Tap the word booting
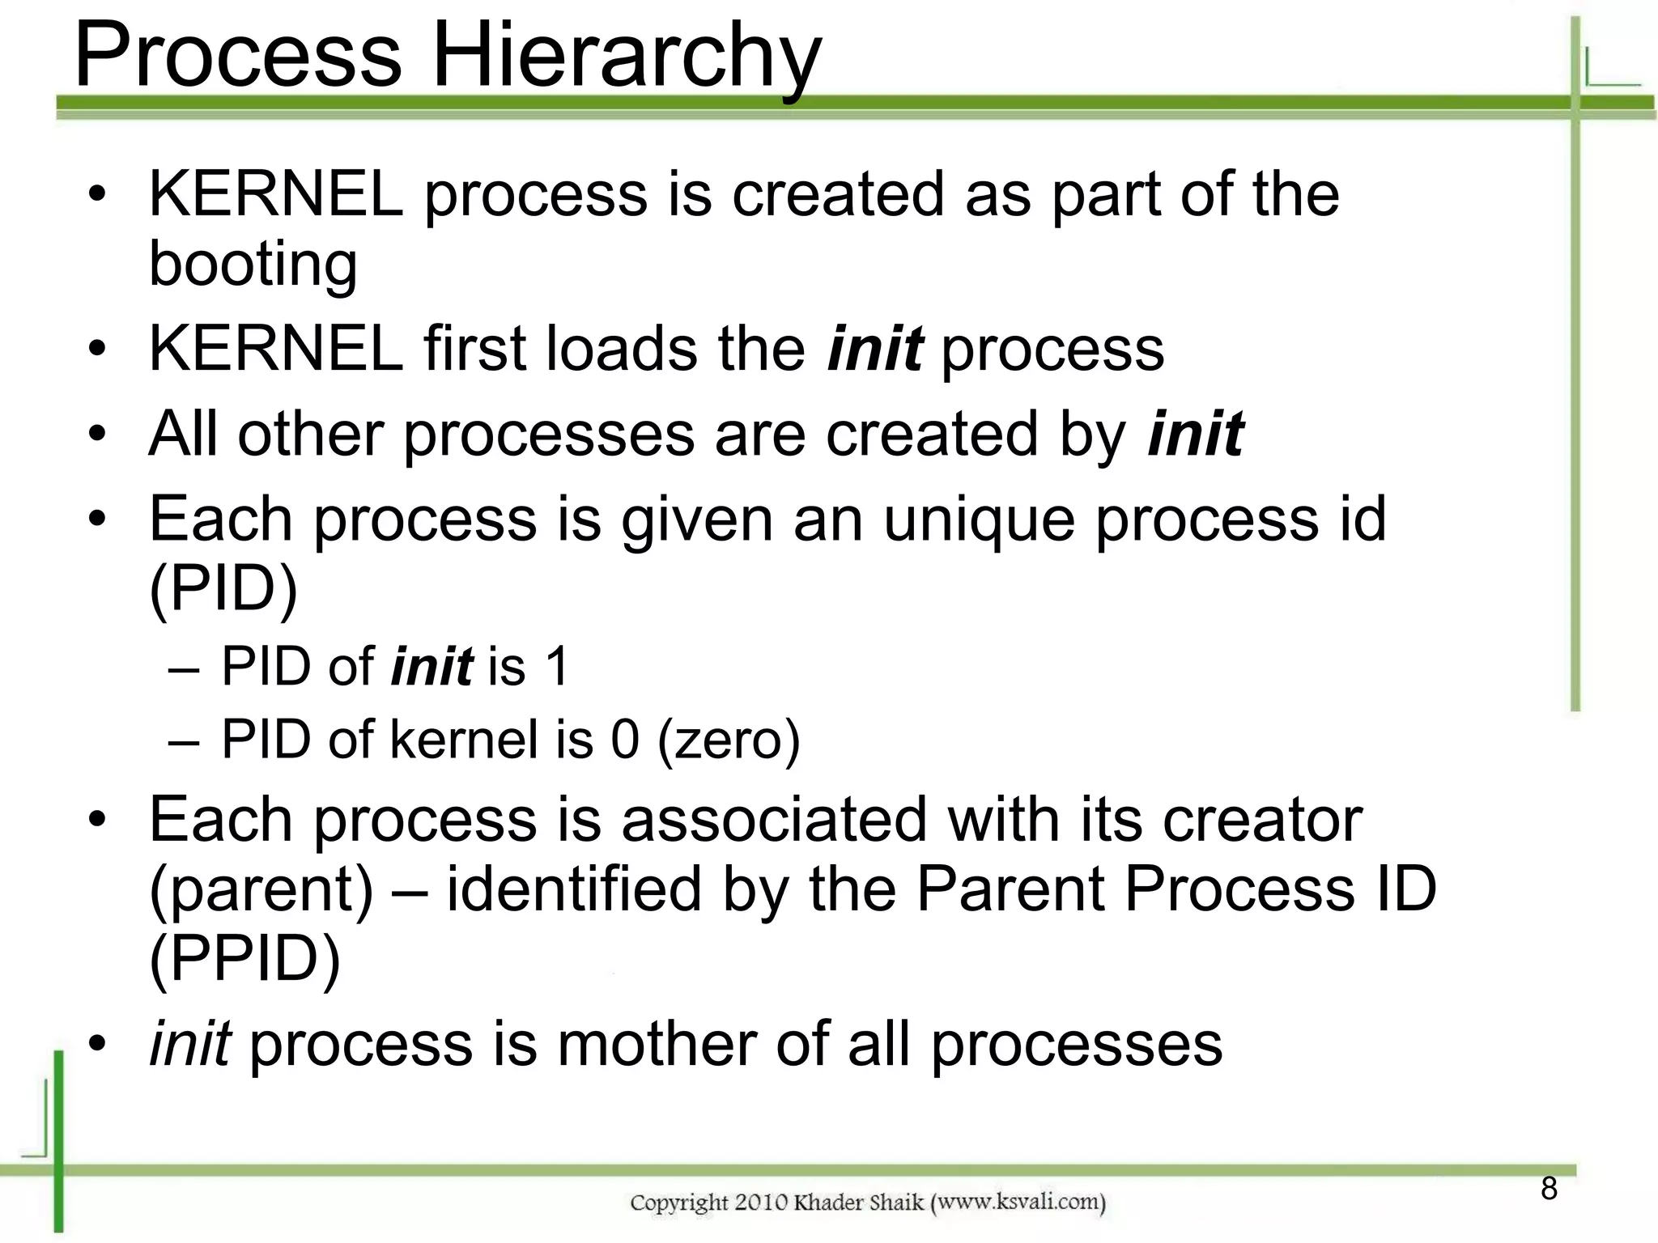tap(253, 265)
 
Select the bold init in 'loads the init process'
tap(874, 349)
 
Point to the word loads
tap(621, 349)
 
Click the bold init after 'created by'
tap(1195, 434)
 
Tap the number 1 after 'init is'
tap(558, 667)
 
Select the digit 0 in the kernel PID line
tap(625, 740)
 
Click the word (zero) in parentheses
tap(729, 740)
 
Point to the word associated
tap(774, 819)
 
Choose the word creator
tap(1262, 819)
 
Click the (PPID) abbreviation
tap(244, 959)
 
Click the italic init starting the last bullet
tap(190, 1044)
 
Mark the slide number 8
tap(1549, 1189)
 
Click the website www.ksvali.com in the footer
tap(1018, 1202)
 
